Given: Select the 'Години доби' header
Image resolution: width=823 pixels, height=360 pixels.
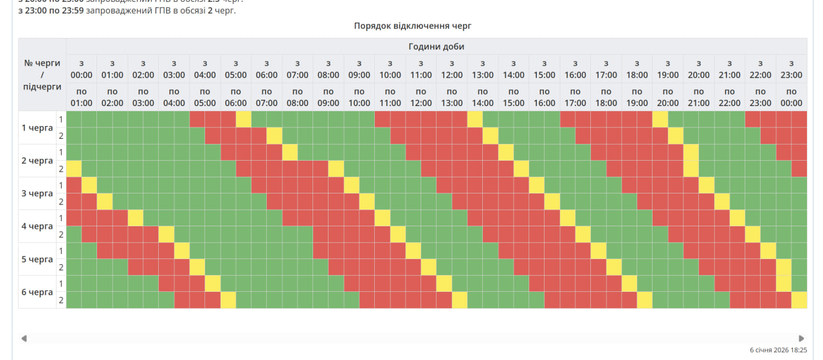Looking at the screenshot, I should (436, 46).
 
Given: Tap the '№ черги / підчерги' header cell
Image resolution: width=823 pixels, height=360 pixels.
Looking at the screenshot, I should (42, 75).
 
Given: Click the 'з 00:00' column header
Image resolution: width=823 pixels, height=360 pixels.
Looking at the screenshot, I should (82, 69).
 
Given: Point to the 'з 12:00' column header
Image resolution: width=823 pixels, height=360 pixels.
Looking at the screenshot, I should (452, 69).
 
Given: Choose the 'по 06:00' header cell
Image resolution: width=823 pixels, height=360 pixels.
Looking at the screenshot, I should (236, 97).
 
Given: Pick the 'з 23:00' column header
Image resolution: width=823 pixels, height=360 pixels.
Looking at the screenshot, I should (791, 69).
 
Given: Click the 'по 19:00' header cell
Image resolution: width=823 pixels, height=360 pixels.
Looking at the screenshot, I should (637, 97).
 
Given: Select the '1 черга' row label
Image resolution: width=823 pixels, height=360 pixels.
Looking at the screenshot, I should (37, 128).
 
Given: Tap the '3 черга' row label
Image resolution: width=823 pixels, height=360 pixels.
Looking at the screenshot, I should (37, 194).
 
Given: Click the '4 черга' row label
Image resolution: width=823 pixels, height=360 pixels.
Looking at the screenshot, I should (37, 226).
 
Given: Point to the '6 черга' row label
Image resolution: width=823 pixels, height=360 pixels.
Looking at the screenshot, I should (37, 292).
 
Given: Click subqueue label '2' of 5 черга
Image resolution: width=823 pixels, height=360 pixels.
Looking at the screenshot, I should (61, 267).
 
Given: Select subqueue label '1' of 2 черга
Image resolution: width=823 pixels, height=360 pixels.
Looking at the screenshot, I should (61, 152).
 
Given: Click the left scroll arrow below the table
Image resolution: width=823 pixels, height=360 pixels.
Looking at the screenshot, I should (24, 338).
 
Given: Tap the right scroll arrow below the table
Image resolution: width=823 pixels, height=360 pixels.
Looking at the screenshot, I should (801, 338).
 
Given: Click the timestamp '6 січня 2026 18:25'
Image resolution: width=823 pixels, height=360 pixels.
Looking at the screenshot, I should (778, 350).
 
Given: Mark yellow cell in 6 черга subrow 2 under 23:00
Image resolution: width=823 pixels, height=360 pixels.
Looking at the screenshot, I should (799, 300).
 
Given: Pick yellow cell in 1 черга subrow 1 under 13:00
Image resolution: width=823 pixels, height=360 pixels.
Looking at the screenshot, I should (475, 120).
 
